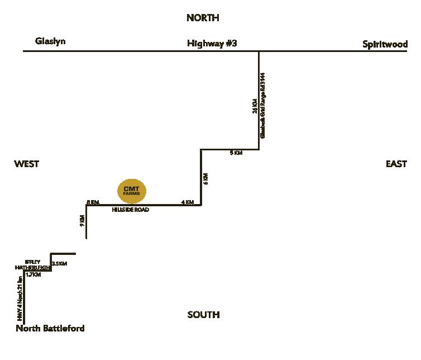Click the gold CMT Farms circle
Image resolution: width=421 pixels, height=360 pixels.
pos(132,191)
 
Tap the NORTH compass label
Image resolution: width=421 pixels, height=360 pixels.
pos(203,18)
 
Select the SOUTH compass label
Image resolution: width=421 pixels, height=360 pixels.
pos(203,315)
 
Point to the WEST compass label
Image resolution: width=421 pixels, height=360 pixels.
pos(27,164)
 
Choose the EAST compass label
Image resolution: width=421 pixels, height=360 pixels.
pos(396,164)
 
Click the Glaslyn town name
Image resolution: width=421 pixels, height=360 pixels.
pos(50,41)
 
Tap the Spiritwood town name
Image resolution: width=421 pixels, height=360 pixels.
pos(385,44)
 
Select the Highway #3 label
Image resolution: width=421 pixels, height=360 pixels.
pos(212,43)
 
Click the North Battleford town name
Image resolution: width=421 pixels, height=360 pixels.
pos(50,328)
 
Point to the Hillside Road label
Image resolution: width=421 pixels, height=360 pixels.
pos(131,210)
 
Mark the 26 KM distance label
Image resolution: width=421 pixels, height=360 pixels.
pos(255,106)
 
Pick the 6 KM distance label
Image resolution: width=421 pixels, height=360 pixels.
pos(205,179)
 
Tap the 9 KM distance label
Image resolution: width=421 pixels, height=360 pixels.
pos(82,220)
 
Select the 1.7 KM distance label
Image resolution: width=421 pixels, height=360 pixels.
pos(34,274)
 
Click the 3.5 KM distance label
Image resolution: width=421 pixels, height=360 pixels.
pos(59,264)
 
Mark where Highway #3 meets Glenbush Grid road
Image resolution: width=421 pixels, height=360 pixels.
pos(259,51)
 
